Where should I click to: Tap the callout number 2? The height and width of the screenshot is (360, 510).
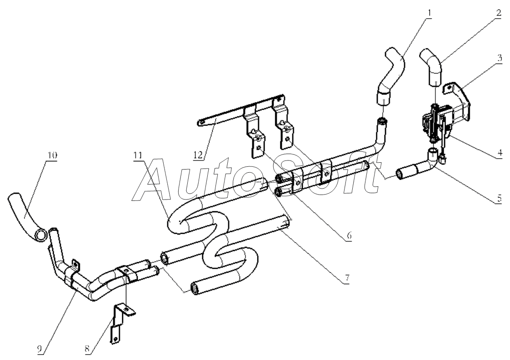[499, 13]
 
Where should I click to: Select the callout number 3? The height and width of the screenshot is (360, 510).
[499, 58]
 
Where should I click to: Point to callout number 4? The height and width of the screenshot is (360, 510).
[500, 153]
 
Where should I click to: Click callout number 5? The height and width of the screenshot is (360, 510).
[499, 198]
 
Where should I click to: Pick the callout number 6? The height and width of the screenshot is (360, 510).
[349, 235]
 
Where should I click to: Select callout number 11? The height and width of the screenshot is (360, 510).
[138, 155]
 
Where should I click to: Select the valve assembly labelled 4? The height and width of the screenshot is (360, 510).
[440, 120]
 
